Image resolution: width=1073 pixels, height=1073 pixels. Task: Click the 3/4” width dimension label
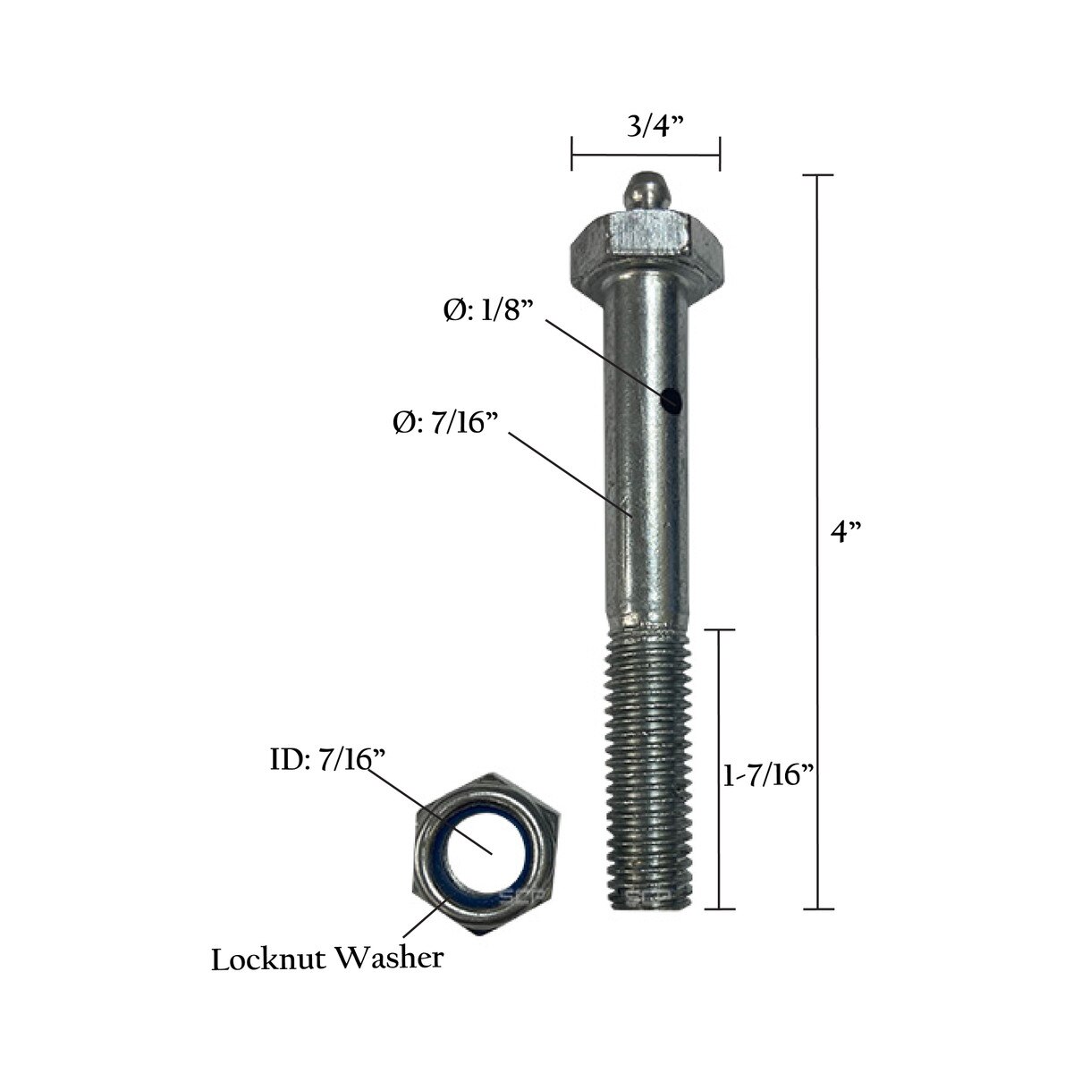click(x=655, y=127)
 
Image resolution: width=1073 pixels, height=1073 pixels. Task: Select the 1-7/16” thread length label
click(x=769, y=774)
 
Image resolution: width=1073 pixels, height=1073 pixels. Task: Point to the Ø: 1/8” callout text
click(x=488, y=310)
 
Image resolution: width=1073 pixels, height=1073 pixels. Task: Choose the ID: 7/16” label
click(x=328, y=759)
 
